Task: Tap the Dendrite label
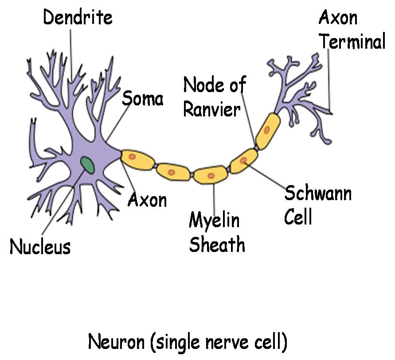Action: coord(78,18)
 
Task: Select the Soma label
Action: coord(142,98)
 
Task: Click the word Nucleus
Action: coord(40,247)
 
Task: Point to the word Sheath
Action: coord(217,244)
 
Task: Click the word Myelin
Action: coord(214,221)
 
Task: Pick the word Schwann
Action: coord(318,194)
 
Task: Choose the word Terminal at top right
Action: coord(353,42)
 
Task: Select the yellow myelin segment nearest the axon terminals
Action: coord(267,130)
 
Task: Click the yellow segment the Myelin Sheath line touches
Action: coord(211,175)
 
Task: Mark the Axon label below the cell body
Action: coord(147,200)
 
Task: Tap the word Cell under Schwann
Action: coord(298,217)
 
